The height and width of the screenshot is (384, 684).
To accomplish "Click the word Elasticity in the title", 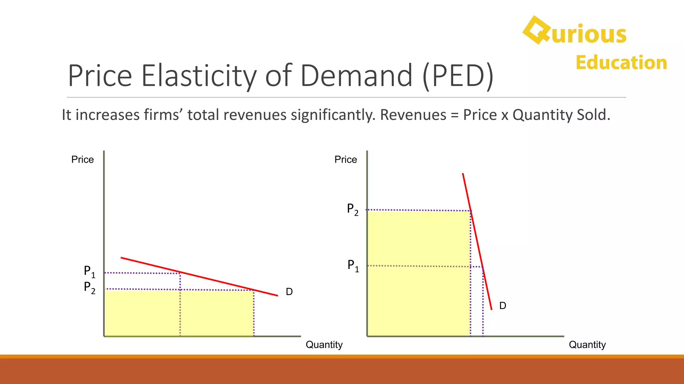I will (199, 76).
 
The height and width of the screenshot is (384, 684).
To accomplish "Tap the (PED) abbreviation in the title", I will (458, 76).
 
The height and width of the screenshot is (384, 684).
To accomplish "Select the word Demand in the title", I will (356, 76).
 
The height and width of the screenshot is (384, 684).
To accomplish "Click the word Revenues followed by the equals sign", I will (413, 115).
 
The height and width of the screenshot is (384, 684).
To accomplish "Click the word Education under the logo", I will (621, 63).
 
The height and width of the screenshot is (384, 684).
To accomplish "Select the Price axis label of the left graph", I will (82, 160).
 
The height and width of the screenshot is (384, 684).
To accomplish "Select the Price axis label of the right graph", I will (346, 160).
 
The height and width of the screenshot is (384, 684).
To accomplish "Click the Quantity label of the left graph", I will (324, 345).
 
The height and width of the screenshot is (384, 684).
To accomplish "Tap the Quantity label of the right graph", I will (587, 345).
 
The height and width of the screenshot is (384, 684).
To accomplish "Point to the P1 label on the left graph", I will (89, 271).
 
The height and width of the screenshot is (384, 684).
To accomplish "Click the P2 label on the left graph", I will (89, 287).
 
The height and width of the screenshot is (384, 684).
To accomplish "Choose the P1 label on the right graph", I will (353, 266).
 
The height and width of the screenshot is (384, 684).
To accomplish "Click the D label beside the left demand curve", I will (289, 292).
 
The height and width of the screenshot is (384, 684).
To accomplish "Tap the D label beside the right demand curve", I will (503, 306).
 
